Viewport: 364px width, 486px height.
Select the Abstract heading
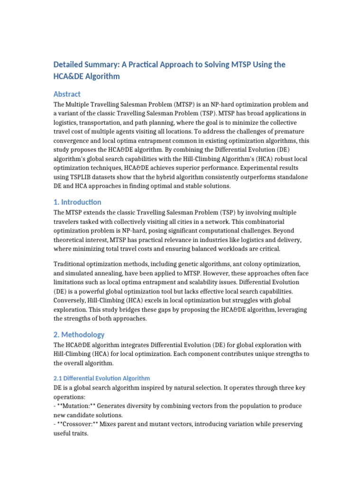(x=67, y=94)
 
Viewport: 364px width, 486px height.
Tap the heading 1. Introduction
(x=77, y=202)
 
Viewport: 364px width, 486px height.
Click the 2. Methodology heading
(x=79, y=335)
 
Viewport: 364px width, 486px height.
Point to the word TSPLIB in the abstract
(x=71, y=177)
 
